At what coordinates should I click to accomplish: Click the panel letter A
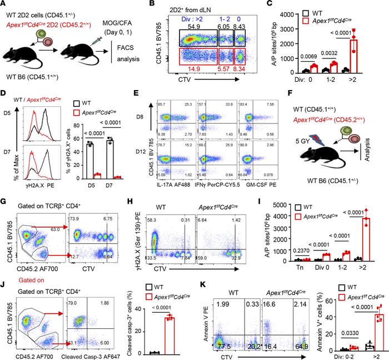coord(5,6)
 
